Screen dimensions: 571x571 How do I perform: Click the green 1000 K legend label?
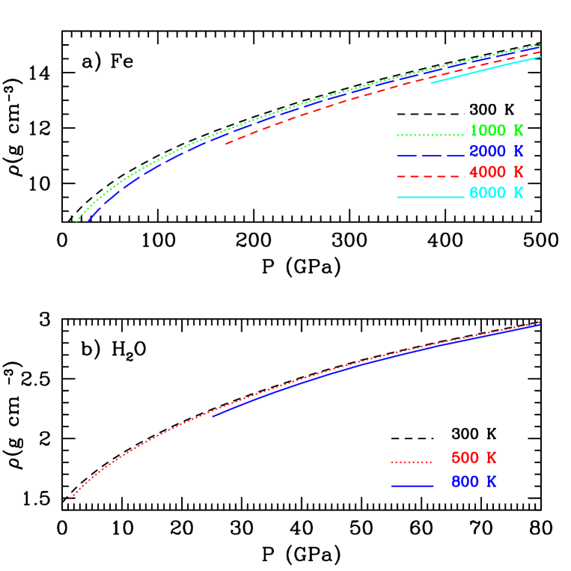coord(496,131)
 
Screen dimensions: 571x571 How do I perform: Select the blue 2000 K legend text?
coord(496,151)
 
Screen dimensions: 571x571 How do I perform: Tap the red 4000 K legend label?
coord(496,172)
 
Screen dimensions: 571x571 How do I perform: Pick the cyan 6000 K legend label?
coord(496,193)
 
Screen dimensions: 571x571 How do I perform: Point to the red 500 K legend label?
coord(473,458)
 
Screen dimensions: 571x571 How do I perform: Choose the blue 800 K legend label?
coord(473,483)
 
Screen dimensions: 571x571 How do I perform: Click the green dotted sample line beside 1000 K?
coord(430,135)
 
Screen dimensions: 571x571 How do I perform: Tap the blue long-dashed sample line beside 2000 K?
coord(430,156)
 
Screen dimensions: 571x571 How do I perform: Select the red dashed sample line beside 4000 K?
coord(430,177)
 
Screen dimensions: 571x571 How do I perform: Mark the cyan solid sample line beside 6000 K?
coord(430,198)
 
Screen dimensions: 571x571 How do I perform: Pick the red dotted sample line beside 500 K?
coord(412,462)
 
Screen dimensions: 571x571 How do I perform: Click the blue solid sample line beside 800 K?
coord(412,486)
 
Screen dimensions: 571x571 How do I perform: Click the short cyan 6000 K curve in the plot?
coord(486,69)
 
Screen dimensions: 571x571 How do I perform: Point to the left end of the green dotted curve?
coord(76,222)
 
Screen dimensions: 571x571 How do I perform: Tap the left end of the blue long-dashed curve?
coord(88,222)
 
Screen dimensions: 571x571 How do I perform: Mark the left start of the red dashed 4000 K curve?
coord(225,144)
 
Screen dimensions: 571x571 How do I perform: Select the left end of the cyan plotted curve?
coord(431,82)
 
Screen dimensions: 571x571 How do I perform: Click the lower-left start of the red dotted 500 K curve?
coord(70,498)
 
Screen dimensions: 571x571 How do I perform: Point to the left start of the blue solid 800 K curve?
coord(213,415)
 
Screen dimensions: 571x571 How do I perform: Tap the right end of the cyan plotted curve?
coord(540,57)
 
